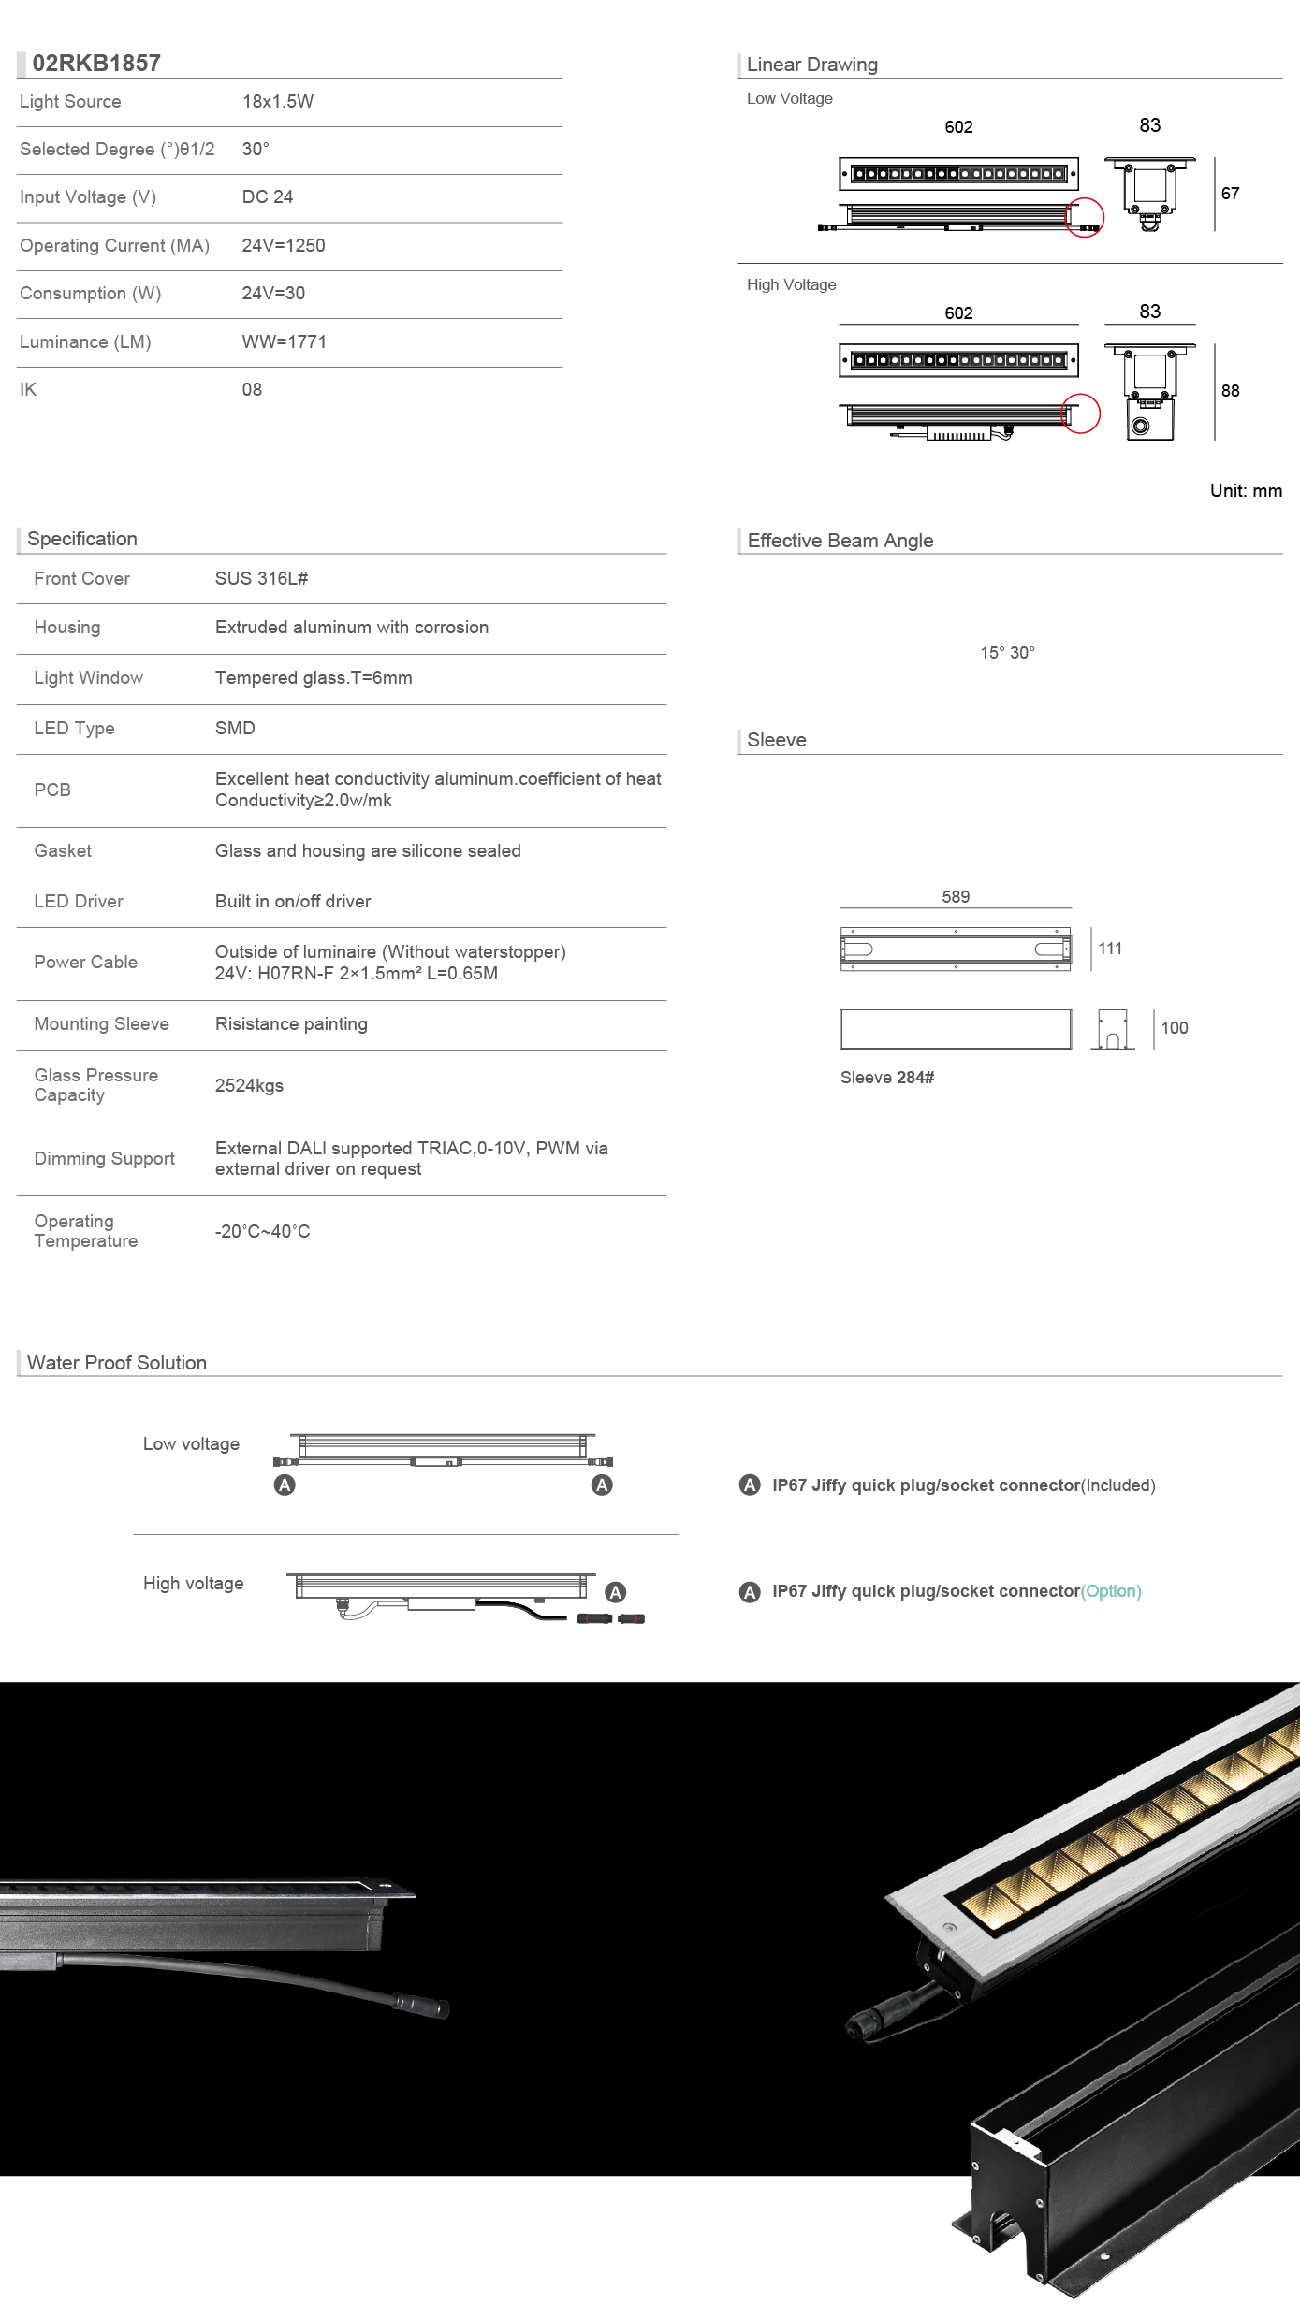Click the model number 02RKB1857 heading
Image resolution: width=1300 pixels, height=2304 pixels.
96,63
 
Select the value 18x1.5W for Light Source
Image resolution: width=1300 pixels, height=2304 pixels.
277,102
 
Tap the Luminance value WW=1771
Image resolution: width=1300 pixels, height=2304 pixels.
284,342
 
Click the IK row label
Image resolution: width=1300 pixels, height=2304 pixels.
28,390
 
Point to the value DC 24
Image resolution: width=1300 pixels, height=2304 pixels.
267,197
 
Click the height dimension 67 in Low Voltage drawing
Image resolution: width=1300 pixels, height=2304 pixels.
1230,194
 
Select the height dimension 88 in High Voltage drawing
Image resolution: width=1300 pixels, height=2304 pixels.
1230,391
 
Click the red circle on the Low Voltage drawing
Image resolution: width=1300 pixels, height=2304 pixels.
1085,218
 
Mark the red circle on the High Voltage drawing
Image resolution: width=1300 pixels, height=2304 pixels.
1081,413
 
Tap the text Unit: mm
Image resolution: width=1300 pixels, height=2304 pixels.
1246,491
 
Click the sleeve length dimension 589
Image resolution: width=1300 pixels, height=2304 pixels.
956,897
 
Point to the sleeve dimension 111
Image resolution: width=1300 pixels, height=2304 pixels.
1110,949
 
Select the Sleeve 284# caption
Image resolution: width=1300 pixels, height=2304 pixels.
887,1078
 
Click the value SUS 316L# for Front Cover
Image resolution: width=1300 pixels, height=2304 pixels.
261,579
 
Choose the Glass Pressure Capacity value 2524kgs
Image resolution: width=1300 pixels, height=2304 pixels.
249,1086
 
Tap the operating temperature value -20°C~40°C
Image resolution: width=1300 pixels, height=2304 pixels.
262,1232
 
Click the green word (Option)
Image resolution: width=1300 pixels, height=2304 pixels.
1111,1591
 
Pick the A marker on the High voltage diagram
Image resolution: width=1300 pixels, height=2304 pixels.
615,1592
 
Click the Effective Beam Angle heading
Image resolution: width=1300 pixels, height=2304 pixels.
840,541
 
